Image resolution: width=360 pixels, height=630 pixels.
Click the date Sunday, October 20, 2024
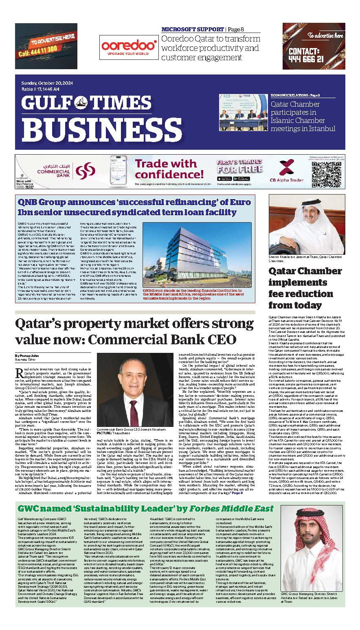(x=47, y=83)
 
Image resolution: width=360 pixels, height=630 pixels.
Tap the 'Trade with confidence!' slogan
(x=165, y=169)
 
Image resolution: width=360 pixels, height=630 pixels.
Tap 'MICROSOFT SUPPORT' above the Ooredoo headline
(x=192, y=29)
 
